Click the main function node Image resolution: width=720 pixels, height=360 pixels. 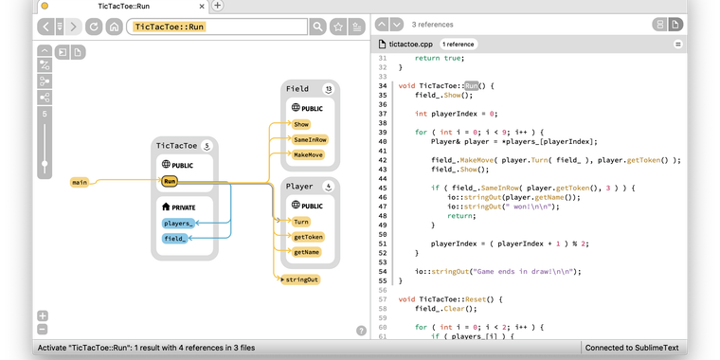[80, 182]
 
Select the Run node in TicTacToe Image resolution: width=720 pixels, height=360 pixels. [170, 181]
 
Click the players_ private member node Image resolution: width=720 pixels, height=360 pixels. [178, 224]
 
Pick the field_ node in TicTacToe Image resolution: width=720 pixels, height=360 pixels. [174, 239]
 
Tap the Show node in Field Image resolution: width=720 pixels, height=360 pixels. [301, 124]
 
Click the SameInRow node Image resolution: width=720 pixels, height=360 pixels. [309, 139]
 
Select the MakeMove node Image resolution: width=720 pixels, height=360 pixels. [308, 154]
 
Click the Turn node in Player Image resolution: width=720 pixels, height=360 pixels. [300, 222]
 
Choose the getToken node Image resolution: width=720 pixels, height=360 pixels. [308, 237]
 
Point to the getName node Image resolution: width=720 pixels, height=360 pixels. [307, 252]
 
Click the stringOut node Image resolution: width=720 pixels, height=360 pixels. [302, 279]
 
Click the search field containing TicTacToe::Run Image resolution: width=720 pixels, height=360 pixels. [218, 27]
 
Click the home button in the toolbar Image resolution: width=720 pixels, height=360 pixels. [114, 27]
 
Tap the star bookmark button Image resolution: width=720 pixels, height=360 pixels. [338, 27]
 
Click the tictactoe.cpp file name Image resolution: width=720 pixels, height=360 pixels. [410, 44]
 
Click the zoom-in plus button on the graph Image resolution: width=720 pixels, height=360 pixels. [43, 315]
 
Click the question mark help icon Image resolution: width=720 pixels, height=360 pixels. [361, 331]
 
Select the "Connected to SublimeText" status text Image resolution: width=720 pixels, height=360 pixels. [632, 348]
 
